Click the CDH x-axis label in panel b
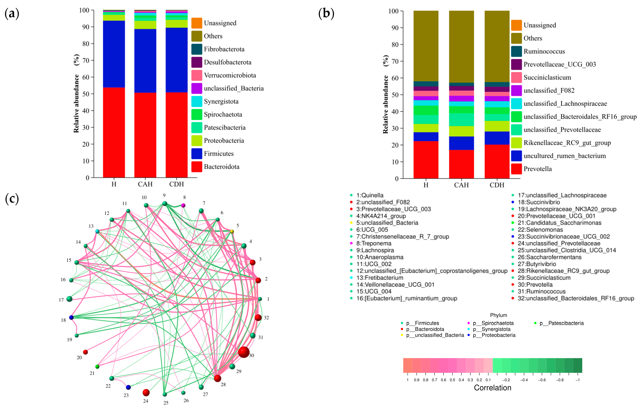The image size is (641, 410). click(497, 185)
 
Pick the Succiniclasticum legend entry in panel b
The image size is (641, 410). click(547, 78)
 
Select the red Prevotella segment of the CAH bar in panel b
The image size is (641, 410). click(461, 164)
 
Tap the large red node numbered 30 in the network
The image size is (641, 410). click(244, 352)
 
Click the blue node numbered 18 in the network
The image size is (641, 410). click(71, 318)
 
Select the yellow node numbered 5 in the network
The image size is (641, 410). click(232, 231)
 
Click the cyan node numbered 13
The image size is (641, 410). click(97, 231)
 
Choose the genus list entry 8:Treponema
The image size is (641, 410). click(374, 243)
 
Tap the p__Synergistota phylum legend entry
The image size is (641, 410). click(491, 329)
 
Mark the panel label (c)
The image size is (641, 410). click(12, 199)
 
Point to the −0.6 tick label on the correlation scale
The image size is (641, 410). click(542, 380)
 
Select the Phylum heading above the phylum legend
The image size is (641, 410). click(498, 315)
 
